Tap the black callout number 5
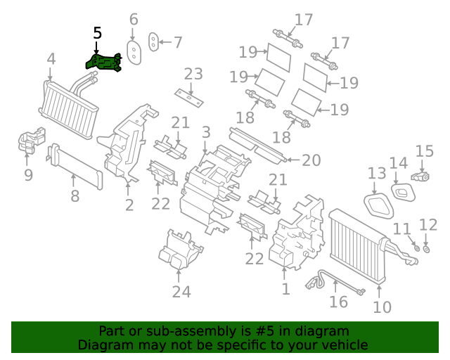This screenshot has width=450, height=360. tap(97, 33)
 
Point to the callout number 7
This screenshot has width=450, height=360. tap(178, 42)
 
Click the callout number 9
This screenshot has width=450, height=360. tap(28, 174)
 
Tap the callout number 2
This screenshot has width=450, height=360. tap(129, 205)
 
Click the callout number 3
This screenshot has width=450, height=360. tap(205, 132)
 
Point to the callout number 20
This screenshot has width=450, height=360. tap(311, 160)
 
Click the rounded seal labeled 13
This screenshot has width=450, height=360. tap(377, 202)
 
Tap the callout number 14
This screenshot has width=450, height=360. tap(398, 164)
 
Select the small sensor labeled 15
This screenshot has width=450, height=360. tap(423, 176)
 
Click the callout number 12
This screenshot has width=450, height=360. tap(428, 224)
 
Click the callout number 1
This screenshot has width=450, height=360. tap(285, 288)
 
